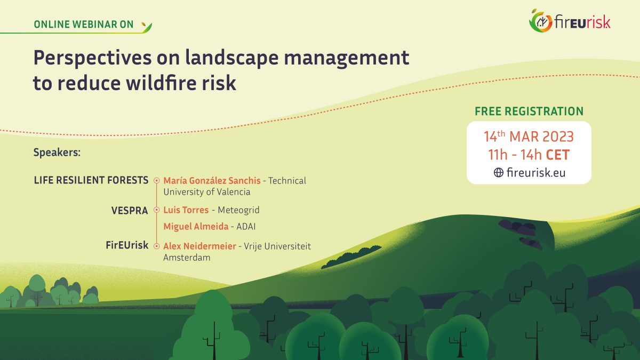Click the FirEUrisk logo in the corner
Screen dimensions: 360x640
tap(569, 21)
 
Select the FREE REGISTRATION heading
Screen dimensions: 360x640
tap(529, 111)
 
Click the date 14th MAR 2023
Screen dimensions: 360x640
tap(529, 137)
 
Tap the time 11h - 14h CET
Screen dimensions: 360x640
tap(529, 155)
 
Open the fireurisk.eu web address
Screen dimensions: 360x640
tap(535, 172)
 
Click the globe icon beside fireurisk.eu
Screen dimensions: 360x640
tap(499, 172)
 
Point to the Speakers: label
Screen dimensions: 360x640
tap(57, 153)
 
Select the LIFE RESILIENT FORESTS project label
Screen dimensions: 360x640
tap(91, 180)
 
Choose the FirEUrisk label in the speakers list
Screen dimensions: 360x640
tap(126, 245)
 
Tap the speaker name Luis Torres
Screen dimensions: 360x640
tap(186, 210)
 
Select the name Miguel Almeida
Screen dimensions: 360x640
tap(195, 227)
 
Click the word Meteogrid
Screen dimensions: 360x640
tap(238, 210)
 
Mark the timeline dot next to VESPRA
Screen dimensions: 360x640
tap(156, 210)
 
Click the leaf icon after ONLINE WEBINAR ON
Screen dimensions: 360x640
tap(146, 25)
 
